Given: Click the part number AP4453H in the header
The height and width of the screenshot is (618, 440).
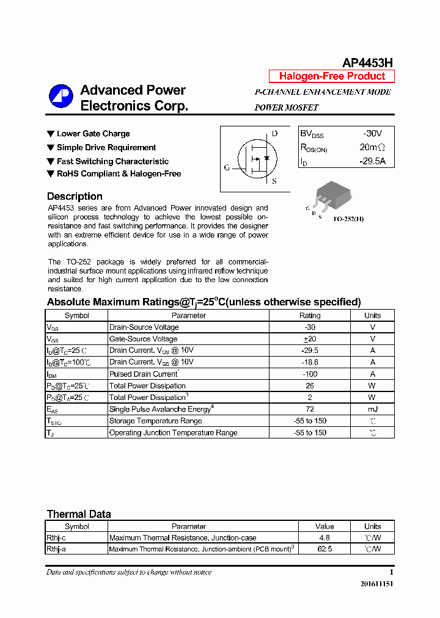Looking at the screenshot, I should coord(367,62).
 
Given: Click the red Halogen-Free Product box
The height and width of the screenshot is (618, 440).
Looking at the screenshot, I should coord(332,76).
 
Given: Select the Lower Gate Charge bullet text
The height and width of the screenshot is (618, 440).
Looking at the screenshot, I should coord(93,134).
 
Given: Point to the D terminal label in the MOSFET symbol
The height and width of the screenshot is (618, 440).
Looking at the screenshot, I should coord(274,134).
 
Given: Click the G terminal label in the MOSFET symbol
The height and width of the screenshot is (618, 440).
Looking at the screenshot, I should coord(227,167).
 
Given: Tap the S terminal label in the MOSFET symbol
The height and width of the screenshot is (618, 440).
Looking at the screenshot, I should coord(274,181).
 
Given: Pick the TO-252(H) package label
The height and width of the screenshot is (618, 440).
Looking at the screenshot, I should coord(348,219).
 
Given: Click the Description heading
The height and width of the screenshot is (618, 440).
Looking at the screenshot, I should coord(75,197).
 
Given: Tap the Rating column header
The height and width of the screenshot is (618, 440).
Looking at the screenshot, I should coord(309,316).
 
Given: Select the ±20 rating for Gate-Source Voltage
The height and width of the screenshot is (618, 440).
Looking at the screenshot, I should coord(309,339).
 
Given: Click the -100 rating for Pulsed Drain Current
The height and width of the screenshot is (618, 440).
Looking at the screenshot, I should coord(309,374).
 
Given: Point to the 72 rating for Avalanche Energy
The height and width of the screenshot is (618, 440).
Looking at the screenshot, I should coord(309,409).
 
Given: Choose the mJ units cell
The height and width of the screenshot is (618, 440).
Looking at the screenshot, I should coord(372,409).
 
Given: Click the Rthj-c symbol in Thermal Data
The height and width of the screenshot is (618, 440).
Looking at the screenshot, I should coord(57,538).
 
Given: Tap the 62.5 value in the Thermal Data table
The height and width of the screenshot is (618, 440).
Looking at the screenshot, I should coord(324,550).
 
